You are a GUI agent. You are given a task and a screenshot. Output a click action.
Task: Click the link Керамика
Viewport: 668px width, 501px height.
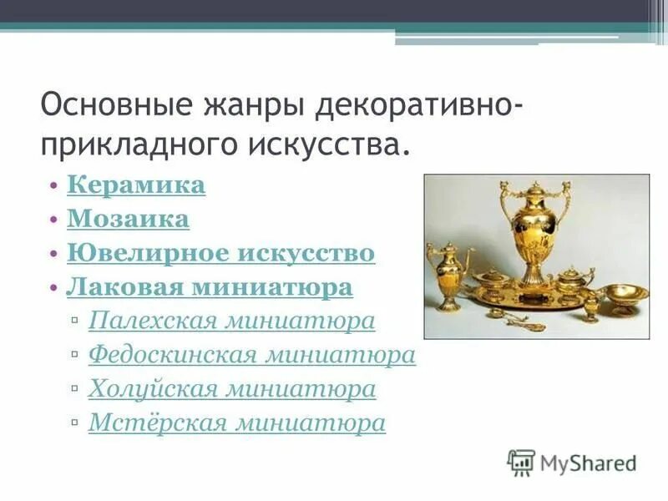click(x=135, y=185)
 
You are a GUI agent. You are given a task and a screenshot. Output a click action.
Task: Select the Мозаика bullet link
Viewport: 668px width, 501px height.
click(x=128, y=219)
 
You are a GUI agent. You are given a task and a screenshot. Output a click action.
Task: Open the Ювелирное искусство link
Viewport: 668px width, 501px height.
click(x=220, y=253)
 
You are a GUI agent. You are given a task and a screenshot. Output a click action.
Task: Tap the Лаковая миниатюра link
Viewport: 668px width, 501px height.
click(x=209, y=287)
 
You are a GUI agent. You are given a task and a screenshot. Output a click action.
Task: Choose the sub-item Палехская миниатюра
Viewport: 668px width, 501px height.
click(x=231, y=321)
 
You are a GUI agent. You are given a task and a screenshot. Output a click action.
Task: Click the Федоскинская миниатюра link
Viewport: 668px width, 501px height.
click(x=251, y=355)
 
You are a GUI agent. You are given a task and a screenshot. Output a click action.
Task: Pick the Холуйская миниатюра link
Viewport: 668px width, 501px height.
click(x=231, y=389)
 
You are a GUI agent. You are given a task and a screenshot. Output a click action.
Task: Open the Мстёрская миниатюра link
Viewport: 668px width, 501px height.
click(x=236, y=423)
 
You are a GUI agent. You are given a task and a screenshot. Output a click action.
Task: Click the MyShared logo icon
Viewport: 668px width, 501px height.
click(x=521, y=462)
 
